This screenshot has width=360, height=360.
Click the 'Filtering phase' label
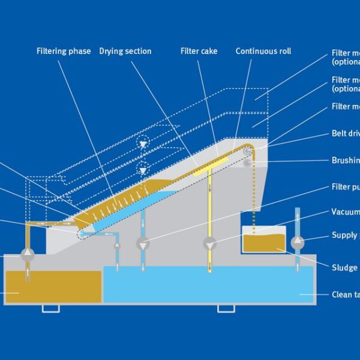[x=64, y=51]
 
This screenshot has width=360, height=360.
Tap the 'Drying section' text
[x=125, y=51]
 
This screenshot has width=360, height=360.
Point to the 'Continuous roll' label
[x=263, y=51]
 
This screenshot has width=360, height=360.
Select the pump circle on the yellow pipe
[x=209, y=244]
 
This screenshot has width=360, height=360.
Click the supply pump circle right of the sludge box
[x=296, y=242]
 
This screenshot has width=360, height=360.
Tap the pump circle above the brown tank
[x=28, y=254]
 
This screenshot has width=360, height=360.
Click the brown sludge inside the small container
[x=264, y=243]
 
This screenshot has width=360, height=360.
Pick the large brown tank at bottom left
[x=53, y=286]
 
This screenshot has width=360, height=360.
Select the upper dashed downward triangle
[x=143, y=145]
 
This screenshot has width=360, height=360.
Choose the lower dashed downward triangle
[x=143, y=170]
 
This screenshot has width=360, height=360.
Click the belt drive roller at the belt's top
[x=247, y=152]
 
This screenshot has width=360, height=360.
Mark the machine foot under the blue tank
[x=226, y=308]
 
